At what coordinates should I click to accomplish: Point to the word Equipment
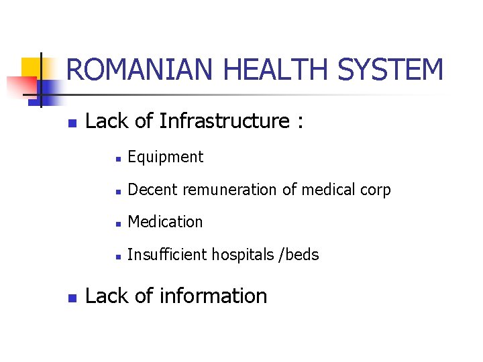click(x=165, y=158)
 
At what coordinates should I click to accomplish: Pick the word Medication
click(x=165, y=222)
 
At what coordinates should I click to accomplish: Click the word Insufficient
click(x=167, y=255)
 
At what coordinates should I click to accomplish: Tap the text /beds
click(x=301, y=255)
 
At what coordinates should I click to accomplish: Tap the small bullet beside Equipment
click(x=117, y=159)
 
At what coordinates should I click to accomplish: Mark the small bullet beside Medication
click(x=117, y=223)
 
